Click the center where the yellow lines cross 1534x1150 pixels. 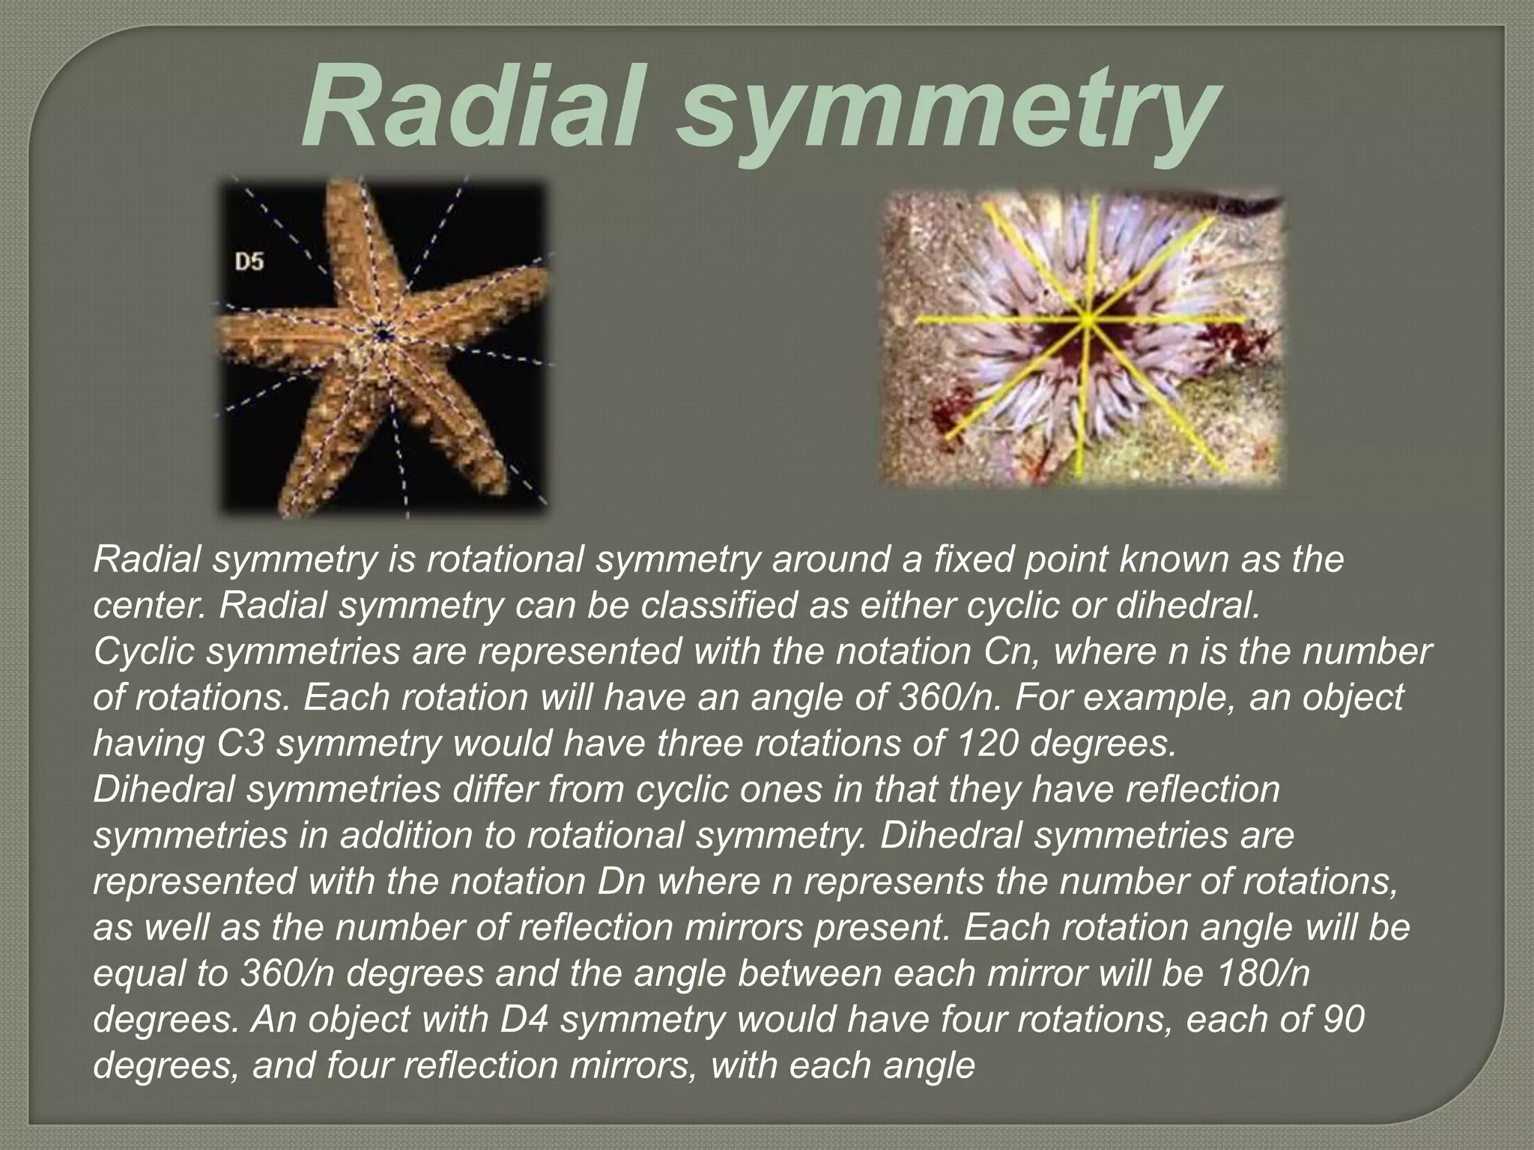pyautogui.click(x=1088, y=320)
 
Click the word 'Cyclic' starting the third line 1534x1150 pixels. pyautogui.click(x=145, y=651)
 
